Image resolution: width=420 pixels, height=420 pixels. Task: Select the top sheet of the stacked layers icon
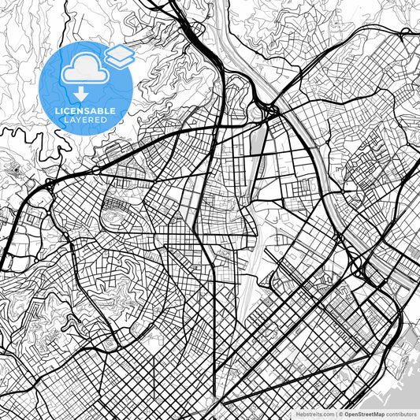point(118,51)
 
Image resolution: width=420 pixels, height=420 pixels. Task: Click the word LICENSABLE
point(86,111)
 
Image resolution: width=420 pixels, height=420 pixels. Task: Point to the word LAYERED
point(86,120)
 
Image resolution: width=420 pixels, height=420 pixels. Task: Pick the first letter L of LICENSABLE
point(58,111)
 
